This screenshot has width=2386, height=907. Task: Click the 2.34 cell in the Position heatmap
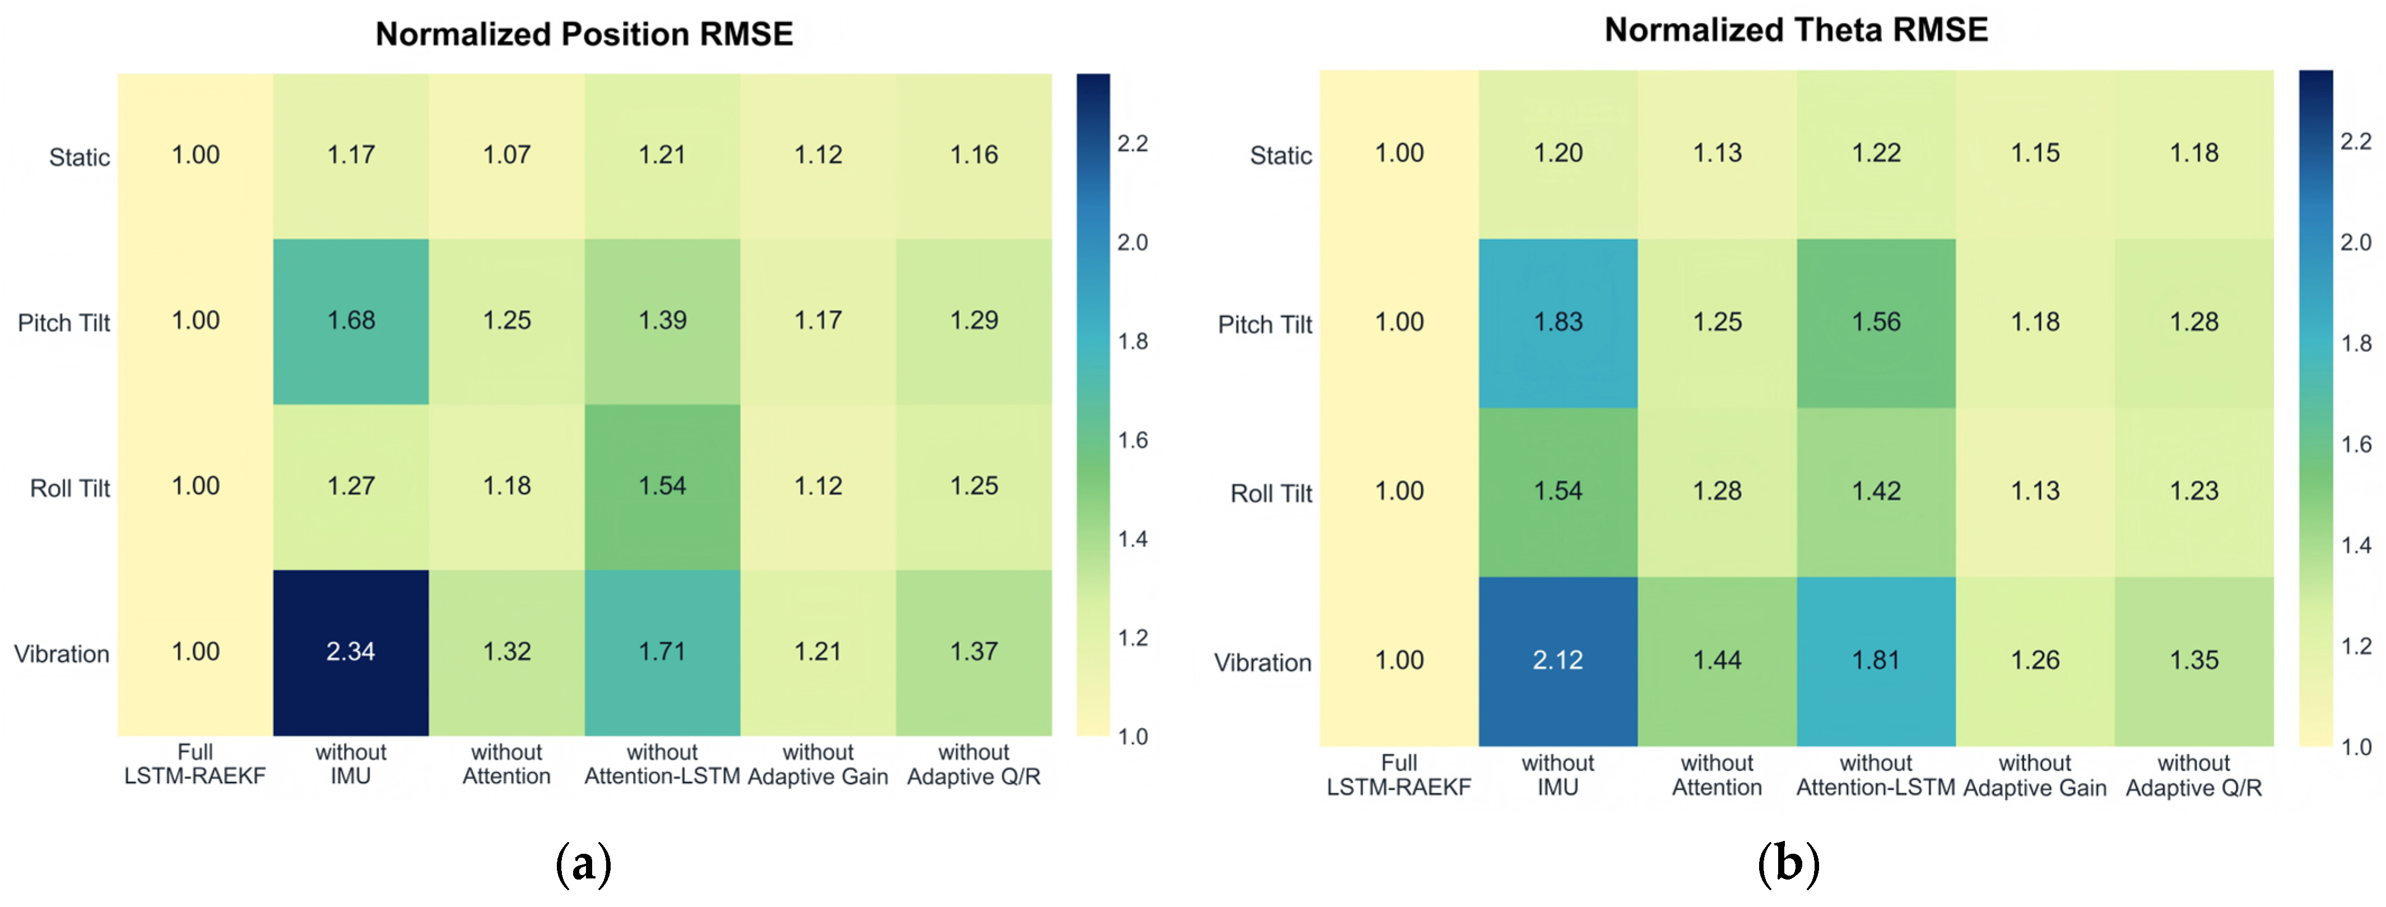coord(351,652)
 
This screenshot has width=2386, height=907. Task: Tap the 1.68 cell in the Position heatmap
coord(351,322)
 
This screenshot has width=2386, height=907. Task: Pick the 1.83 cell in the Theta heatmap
coord(1558,323)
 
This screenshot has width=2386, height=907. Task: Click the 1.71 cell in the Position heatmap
coord(662,652)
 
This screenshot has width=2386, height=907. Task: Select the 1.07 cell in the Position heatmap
coord(506,156)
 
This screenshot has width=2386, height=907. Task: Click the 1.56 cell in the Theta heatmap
coord(1877,323)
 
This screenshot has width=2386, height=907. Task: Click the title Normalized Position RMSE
coord(584,34)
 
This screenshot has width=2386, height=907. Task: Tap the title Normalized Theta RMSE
coord(1796,30)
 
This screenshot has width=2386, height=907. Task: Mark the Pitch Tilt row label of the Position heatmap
coord(64,322)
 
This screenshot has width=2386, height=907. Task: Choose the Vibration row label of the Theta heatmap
coord(1263,662)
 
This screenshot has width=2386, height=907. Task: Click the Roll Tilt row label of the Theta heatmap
coord(1271,493)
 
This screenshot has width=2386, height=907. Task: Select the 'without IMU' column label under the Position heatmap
coord(351,764)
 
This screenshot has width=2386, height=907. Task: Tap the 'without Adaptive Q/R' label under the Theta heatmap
coord(2194,775)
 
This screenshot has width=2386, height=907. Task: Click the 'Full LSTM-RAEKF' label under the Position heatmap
coord(196,764)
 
